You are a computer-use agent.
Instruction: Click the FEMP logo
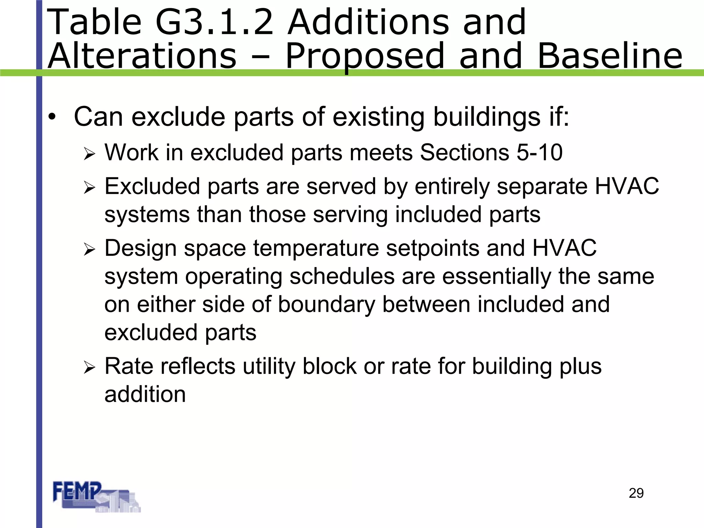[96, 496]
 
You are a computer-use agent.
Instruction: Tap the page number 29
[636, 493]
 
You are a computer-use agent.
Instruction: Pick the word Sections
[464, 152]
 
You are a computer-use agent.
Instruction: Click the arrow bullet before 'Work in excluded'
[89, 154]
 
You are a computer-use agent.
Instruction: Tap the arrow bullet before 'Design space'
[89, 250]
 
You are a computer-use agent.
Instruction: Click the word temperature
[316, 249]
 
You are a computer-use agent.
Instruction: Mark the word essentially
[497, 277]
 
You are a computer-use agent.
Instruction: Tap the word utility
[269, 367]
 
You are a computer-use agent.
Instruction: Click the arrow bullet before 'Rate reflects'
[89, 368]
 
